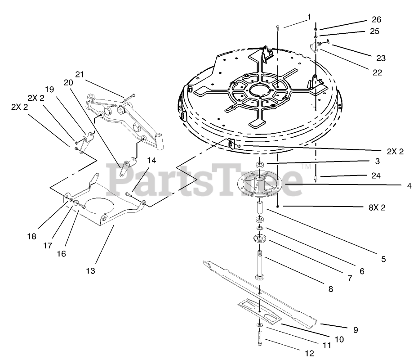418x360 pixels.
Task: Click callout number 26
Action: pos(376,20)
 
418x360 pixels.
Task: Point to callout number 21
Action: pos(80,74)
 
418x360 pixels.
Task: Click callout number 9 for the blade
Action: pos(355,330)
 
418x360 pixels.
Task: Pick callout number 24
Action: pos(376,176)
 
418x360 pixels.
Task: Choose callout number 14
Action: pos(151,160)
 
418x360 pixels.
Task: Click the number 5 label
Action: pos(383,259)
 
